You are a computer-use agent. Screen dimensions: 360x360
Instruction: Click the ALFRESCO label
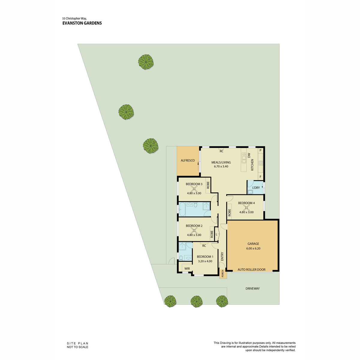click(x=187, y=160)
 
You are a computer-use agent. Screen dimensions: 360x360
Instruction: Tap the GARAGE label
click(x=253, y=244)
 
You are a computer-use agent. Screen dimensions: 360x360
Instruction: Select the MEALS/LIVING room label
click(x=221, y=162)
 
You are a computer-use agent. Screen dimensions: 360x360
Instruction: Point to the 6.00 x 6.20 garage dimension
click(x=253, y=248)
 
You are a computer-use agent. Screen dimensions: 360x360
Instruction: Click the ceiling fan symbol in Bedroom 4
click(x=246, y=208)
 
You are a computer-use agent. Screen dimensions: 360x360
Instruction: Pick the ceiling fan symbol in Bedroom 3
click(x=194, y=189)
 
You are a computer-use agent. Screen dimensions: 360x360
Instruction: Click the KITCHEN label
click(x=252, y=165)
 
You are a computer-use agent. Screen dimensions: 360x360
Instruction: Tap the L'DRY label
click(x=256, y=187)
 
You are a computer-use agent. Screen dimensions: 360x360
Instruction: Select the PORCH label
click(x=223, y=274)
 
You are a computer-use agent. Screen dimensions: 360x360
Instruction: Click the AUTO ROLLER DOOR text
click(x=251, y=270)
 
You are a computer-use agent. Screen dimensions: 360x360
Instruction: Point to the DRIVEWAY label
click(x=253, y=288)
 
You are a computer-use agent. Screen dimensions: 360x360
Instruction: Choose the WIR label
click(x=187, y=268)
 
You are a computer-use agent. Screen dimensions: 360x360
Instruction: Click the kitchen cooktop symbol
click(x=261, y=163)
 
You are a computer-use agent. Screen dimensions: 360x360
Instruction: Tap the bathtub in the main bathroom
click(x=182, y=209)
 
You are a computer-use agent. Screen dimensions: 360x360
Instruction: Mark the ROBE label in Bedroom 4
click(x=229, y=213)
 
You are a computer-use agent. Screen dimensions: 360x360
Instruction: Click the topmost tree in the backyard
click(x=146, y=62)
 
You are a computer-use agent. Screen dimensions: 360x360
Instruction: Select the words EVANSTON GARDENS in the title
click(x=82, y=23)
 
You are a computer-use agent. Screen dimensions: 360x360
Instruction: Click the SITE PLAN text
click(x=77, y=343)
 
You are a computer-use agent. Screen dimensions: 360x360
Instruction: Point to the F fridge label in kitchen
click(x=260, y=176)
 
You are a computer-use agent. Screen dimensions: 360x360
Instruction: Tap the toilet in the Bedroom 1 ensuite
click(x=181, y=258)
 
